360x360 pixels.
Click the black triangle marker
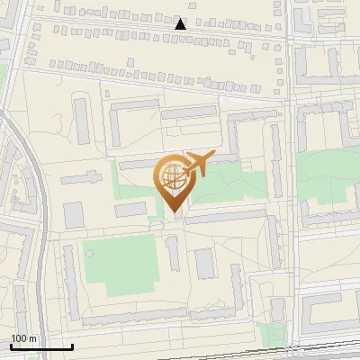tap(181, 25)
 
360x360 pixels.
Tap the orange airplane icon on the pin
tap(200, 166)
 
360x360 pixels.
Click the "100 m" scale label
tap(23, 338)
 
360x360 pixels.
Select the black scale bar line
tap(41, 346)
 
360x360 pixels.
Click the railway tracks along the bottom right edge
tap(315, 347)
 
